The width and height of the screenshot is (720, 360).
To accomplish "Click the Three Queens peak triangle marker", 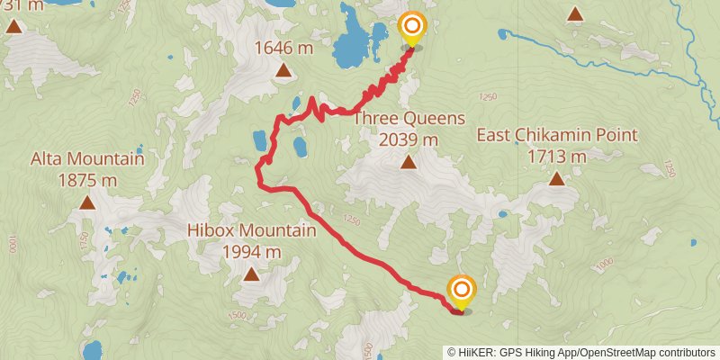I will click(x=409, y=163).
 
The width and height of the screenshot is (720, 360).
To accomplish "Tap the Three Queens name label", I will click(x=409, y=118).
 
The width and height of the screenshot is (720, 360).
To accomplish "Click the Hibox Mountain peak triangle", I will click(x=251, y=274).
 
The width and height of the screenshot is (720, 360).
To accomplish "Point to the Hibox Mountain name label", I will click(x=251, y=231).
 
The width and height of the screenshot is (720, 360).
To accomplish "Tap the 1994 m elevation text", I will click(x=251, y=251).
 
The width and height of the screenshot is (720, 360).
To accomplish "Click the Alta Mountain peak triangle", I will click(x=87, y=202).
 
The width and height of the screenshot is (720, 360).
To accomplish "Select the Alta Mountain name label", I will click(x=87, y=159).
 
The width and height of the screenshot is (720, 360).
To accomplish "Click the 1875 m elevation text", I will click(x=87, y=180).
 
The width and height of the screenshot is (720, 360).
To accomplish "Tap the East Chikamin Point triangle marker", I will click(x=557, y=178).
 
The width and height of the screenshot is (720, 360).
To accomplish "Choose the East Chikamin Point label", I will click(x=557, y=136).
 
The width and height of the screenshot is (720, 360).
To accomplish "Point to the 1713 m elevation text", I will click(x=557, y=157).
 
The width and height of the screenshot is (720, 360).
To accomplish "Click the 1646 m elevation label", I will click(x=283, y=47).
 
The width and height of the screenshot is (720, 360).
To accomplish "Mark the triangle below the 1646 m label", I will click(x=283, y=70).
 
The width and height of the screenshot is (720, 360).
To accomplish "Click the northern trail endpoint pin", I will click(x=411, y=29).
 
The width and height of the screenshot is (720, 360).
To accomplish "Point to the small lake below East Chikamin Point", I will click(x=502, y=214).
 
